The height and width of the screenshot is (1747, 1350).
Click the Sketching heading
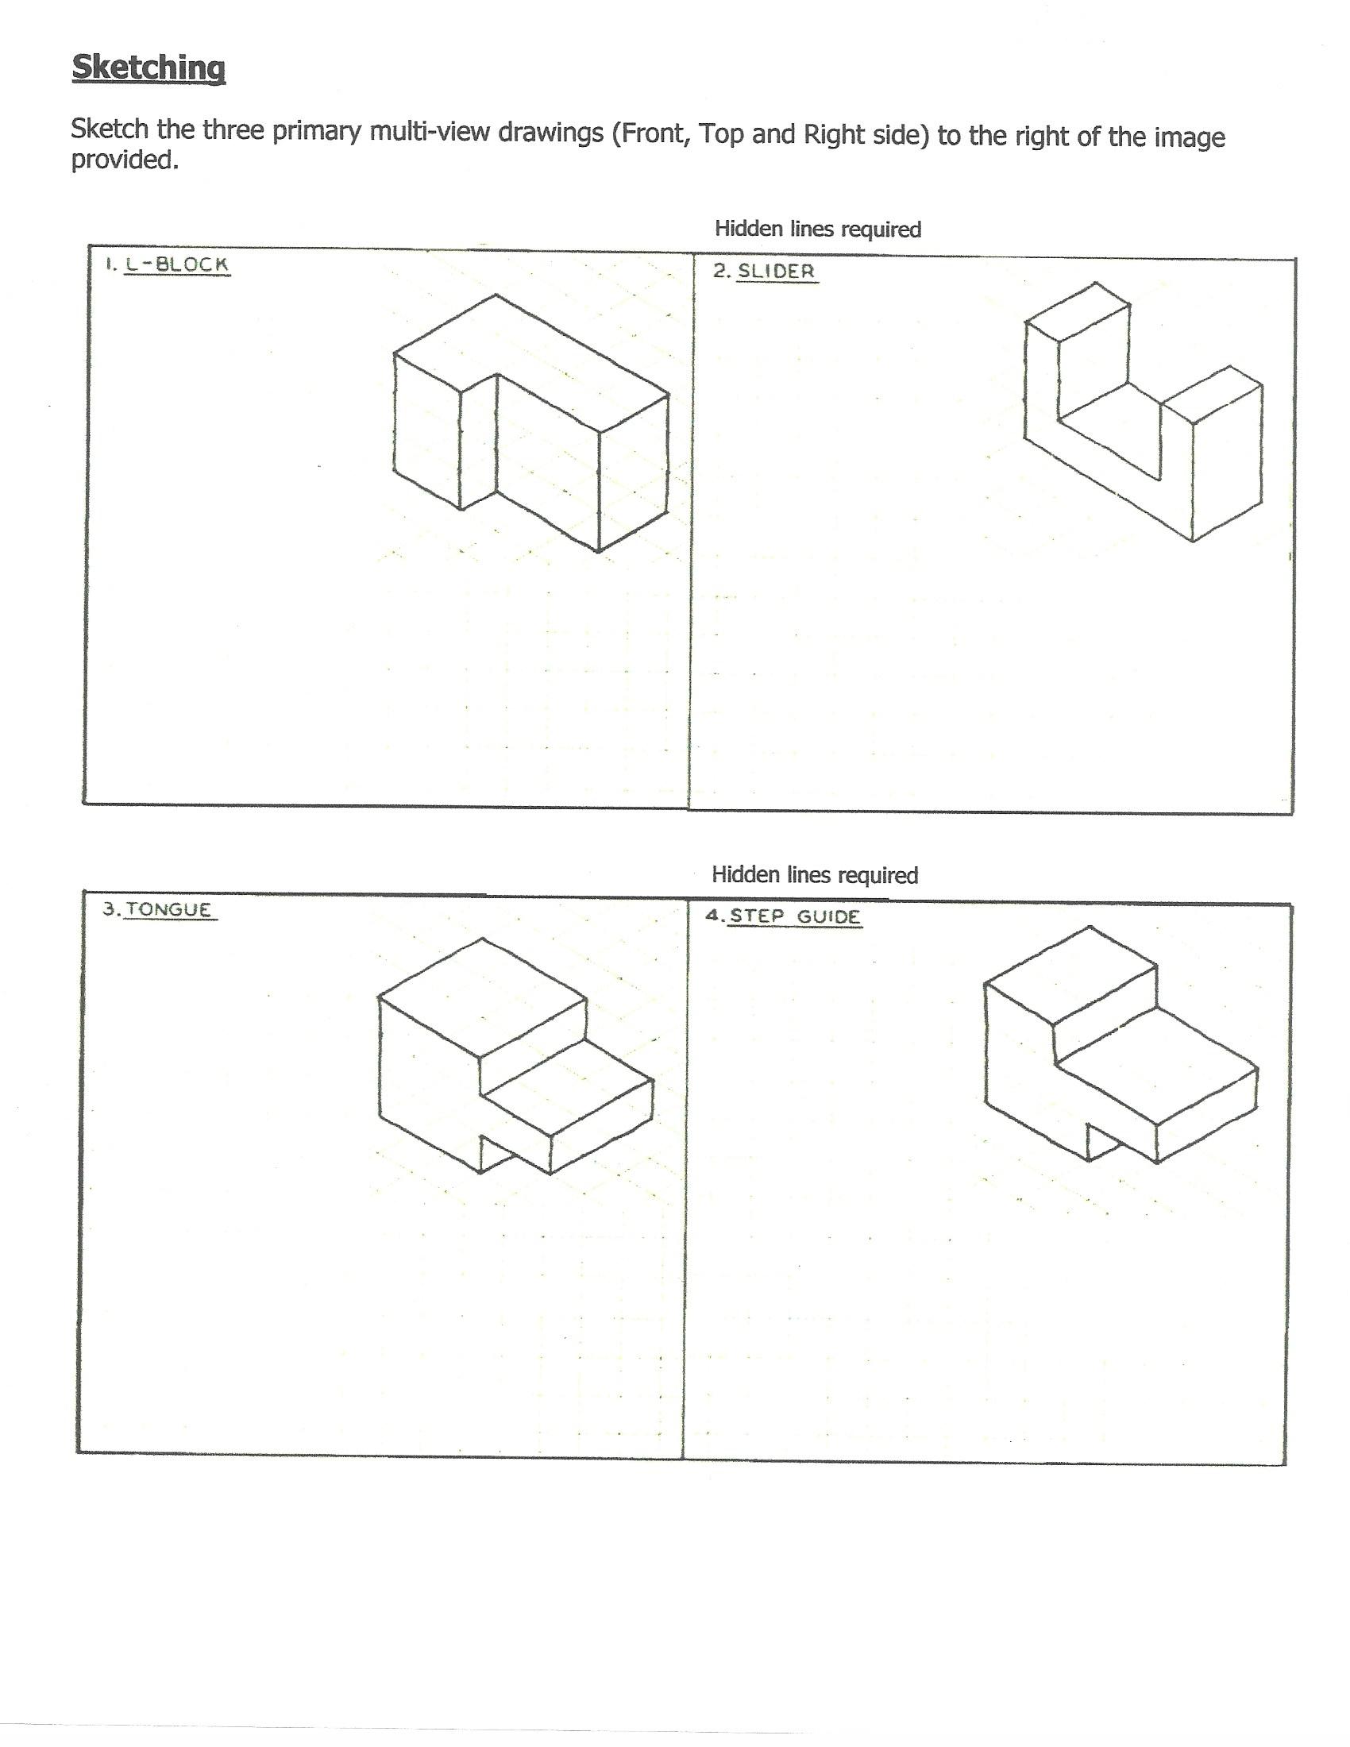(x=148, y=67)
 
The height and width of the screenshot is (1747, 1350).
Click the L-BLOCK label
(x=178, y=264)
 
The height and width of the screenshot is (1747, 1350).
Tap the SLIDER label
(x=776, y=271)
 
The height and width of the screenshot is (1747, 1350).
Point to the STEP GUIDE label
(x=794, y=916)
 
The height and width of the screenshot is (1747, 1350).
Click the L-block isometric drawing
(x=531, y=424)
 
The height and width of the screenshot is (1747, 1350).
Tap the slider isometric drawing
(x=1144, y=412)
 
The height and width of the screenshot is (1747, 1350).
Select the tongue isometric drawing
(x=515, y=1056)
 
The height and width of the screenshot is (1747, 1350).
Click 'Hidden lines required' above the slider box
(x=817, y=229)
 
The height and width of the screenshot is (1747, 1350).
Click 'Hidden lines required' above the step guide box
(x=814, y=875)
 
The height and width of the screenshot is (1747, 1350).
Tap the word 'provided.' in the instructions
(x=124, y=160)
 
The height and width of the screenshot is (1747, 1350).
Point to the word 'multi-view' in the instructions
(x=430, y=131)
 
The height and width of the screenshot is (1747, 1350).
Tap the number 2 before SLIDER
(x=719, y=271)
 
